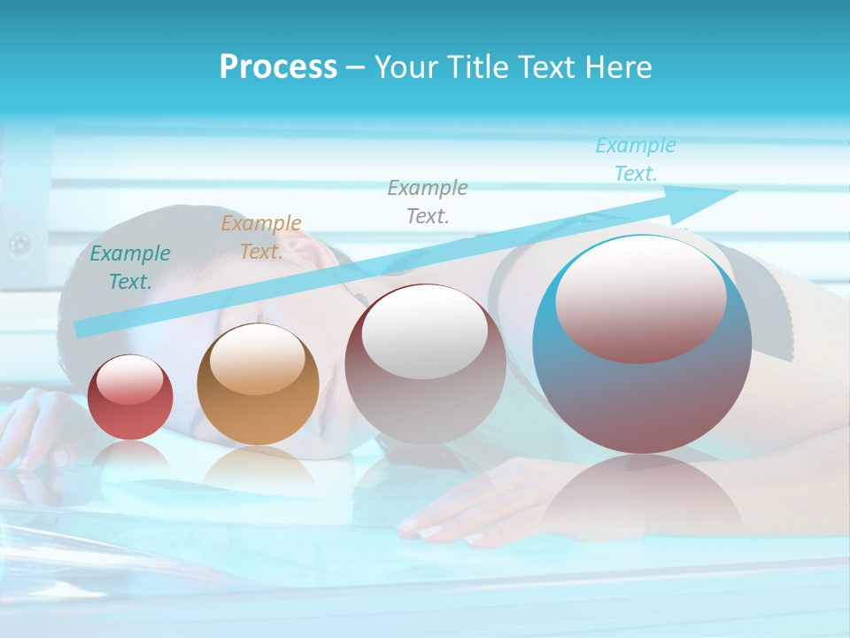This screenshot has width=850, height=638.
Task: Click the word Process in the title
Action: click(x=278, y=67)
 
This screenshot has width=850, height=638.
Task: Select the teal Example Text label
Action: click(x=130, y=267)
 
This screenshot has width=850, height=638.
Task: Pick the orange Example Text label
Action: click(x=261, y=237)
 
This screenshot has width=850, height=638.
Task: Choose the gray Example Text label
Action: click(x=428, y=201)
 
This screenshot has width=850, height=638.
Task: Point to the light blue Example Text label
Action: click(x=635, y=159)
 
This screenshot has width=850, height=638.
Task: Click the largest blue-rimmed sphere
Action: click(x=642, y=399)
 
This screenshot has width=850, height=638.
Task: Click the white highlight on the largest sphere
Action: click(x=641, y=297)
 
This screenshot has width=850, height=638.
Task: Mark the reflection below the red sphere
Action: click(x=130, y=456)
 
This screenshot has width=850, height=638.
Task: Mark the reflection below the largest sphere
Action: click(x=642, y=496)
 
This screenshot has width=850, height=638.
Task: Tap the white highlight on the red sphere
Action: click(x=130, y=379)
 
